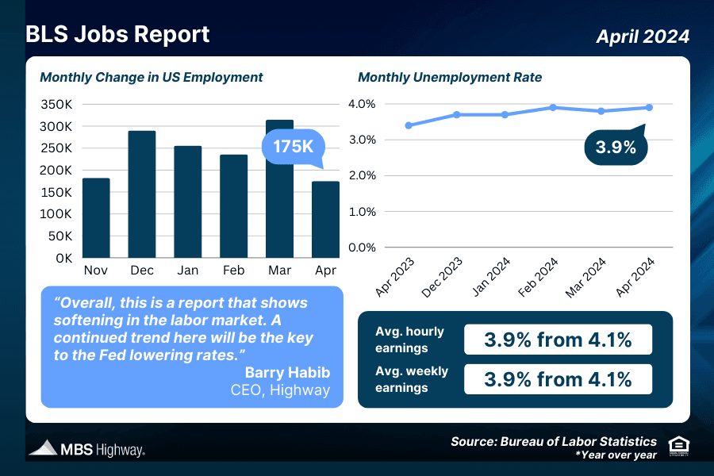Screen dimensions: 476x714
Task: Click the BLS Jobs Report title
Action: [x=117, y=35]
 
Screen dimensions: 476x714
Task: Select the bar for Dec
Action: [x=142, y=194]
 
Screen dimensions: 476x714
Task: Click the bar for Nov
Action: [x=96, y=217]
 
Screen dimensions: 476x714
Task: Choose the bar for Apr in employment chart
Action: [x=325, y=219]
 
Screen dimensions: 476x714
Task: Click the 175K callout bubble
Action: [x=294, y=148]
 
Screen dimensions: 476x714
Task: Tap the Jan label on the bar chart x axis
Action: [x=188, y=271]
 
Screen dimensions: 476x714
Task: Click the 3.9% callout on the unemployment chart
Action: [x=616, y=148]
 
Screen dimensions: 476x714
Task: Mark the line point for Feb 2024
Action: [x=553, y=107]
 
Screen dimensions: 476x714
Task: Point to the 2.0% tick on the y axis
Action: [x=362, y=176]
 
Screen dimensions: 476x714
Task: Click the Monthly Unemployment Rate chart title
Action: [x=450, y=78]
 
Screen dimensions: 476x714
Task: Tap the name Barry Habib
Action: [x=287, y=373]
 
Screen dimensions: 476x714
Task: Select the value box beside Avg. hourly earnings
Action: [x=558, y=340]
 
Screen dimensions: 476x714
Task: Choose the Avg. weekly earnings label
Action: [x=412, y=379]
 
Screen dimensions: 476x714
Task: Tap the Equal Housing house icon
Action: [x=679, y=445]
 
